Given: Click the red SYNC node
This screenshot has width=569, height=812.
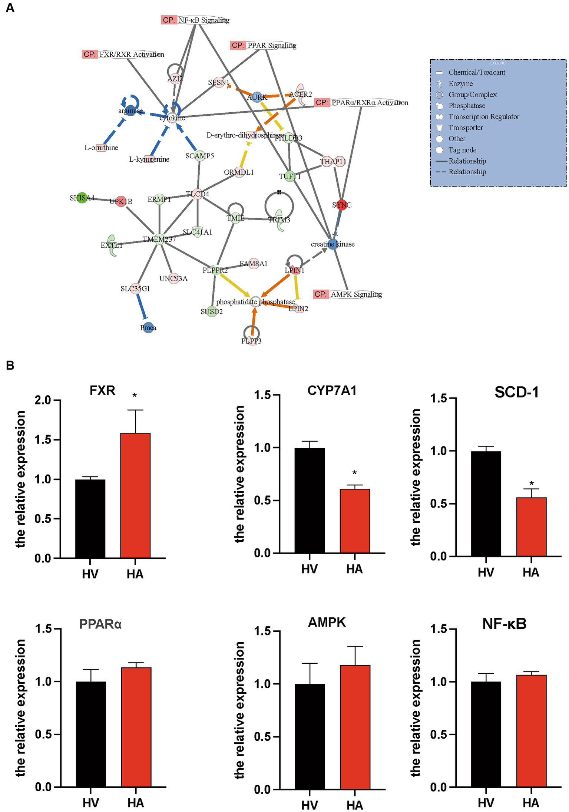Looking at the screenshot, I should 341,205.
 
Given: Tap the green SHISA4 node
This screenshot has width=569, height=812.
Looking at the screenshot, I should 82,198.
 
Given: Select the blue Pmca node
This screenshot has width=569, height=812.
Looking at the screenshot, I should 148,328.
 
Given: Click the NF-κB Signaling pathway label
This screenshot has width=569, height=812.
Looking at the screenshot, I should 203,20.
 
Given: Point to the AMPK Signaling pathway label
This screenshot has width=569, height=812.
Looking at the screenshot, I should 356,294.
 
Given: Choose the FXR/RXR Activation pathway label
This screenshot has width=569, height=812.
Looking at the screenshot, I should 131,55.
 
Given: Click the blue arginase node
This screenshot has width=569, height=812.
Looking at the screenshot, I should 130,110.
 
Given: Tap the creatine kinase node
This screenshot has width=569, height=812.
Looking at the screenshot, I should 333,244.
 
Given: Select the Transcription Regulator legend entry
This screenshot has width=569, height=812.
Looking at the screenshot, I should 483,117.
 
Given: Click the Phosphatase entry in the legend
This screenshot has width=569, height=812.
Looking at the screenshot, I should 466,106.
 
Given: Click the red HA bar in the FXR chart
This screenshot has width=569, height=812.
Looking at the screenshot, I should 135,495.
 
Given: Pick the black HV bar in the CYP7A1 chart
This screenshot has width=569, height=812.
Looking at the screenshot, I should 310,500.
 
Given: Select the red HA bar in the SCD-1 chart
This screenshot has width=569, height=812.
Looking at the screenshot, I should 531,527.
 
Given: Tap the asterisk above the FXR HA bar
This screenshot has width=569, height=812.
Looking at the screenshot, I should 135,396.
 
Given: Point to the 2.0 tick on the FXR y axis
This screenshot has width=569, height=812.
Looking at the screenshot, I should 43,400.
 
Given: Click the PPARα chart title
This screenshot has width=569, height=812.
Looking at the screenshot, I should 100,624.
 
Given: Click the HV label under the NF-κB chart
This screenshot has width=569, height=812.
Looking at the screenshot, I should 486,803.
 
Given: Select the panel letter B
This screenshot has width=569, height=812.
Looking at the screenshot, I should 10,366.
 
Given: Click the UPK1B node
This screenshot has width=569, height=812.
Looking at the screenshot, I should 121,201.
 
